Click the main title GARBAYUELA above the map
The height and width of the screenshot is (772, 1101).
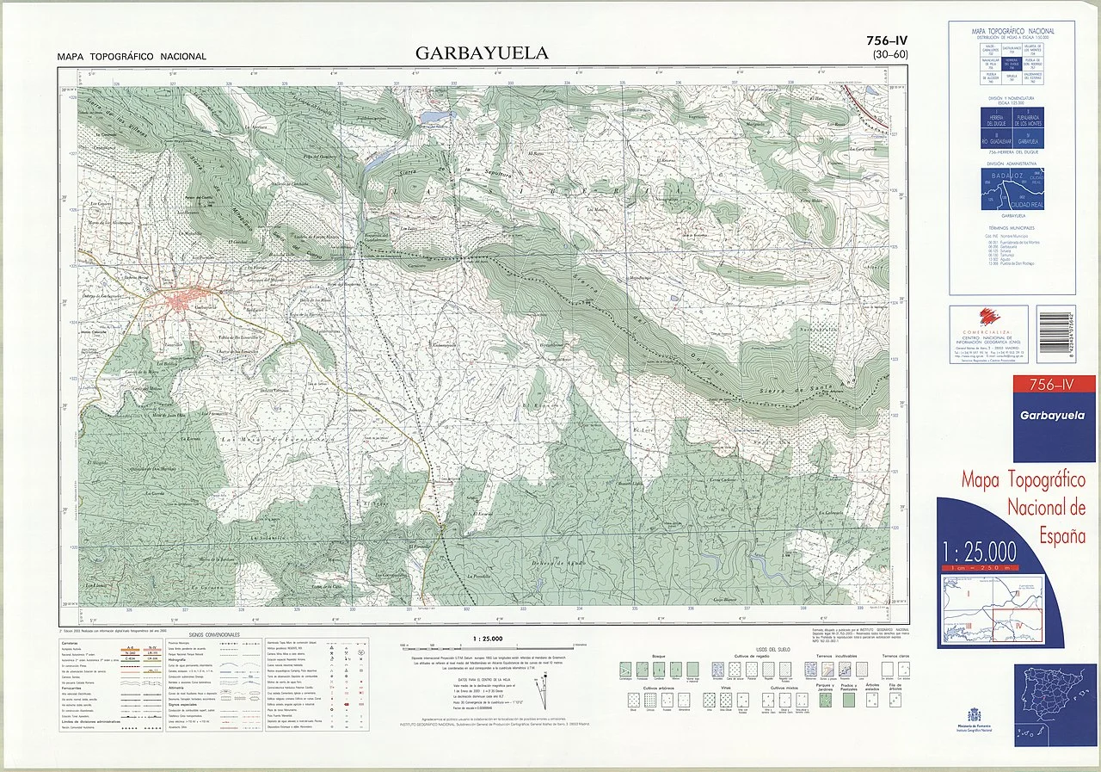pyautogui.click(x=481, y=53)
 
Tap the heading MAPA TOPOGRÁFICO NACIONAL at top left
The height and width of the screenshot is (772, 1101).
pyautogui.click(x=131, y=57)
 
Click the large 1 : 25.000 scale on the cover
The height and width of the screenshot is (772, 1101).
pyautogui.click(x=980, y=551)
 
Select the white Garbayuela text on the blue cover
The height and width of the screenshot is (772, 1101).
pyautogui.click(x=1053, y=417)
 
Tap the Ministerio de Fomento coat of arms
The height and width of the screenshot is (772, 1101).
pyautogui.click(x=974, y=715)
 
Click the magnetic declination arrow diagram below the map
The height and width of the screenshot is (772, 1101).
pyautogui.click(x=541, y=688)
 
